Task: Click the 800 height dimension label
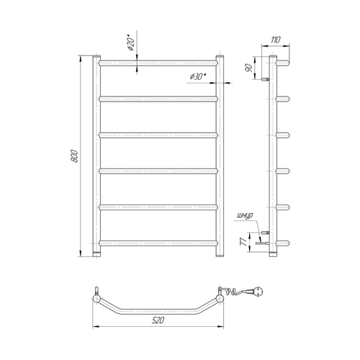(74, 156)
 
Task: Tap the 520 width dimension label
(158, 320)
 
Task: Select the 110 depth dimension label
(276, 40)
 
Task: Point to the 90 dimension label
(249, 68)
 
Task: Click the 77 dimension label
(244, 242)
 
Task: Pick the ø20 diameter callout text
(131, 44)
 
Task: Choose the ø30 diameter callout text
(198, 77)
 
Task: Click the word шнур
(245, 216)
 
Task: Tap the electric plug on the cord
(256, 292)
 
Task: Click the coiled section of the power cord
(235, 292)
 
